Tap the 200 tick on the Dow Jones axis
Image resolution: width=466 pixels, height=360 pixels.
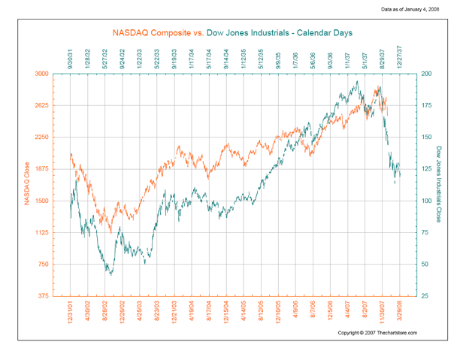point(427,74)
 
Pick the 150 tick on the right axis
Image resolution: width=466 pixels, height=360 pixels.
point(427,138)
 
